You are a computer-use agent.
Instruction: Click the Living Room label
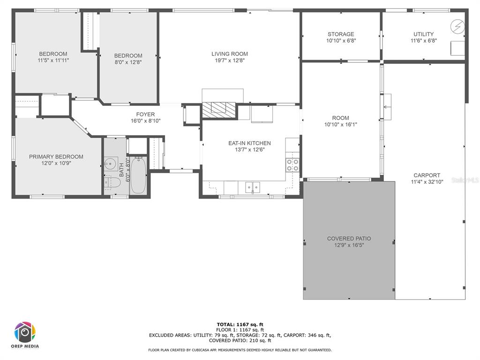point(230,54)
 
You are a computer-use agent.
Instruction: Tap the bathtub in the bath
point(138,175)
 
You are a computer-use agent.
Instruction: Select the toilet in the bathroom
point(111,183)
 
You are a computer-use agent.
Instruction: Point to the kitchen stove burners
point(292,165)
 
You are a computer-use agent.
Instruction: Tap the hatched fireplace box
point(218,110)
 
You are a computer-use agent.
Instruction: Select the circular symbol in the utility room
point(457,27)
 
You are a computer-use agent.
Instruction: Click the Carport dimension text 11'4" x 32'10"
point(427,182)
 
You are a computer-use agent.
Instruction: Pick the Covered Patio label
point(349,239)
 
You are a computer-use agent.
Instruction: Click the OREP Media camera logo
point(25,332)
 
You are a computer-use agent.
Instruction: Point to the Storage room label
point(341,34)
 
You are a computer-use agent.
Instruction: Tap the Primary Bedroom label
point(56,157)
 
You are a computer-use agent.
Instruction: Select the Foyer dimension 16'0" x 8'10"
point(146,121)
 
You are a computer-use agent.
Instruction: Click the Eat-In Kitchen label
point(249,143)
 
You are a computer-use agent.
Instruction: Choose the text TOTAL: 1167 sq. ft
point(240,324)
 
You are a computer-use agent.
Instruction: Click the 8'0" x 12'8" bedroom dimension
point(128,62)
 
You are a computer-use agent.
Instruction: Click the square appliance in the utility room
point(457,48)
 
